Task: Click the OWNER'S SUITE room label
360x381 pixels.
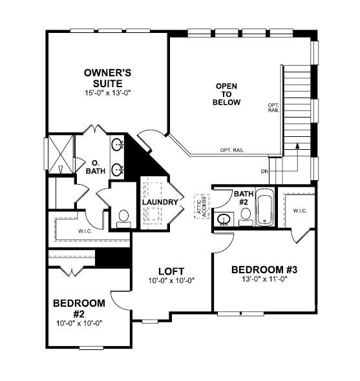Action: (x=108, y=78)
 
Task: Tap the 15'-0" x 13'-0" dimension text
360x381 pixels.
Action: (x=108, y=94)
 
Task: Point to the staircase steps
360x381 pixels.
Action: (x=298, y=103)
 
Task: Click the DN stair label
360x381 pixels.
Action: (x=264, y=171)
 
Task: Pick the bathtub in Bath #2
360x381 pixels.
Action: (x=265, y=208)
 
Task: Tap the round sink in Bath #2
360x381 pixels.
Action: (x=224, y=219)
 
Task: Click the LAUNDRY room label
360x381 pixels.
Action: (x=160, y=202)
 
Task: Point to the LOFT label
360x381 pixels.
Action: (x=171, y=271)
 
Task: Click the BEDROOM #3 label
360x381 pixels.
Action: (x=264, y=269)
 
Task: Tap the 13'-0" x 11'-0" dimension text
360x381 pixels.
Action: (x=264, y=280)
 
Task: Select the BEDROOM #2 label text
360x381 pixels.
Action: (x=79, y=308)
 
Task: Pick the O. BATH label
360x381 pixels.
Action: (x=96, y=167)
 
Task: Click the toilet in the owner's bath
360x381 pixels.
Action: (x=123, y=218)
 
